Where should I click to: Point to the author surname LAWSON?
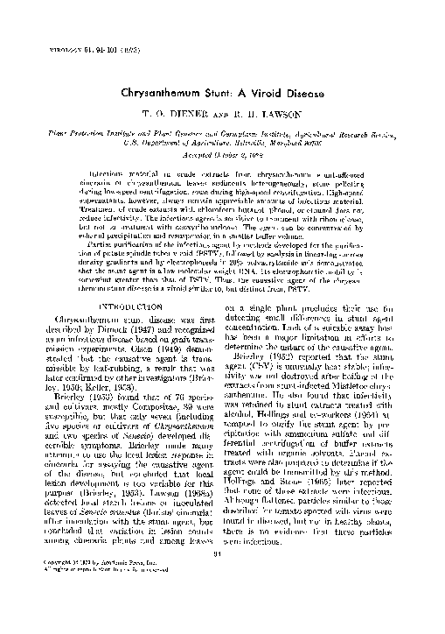277,114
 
